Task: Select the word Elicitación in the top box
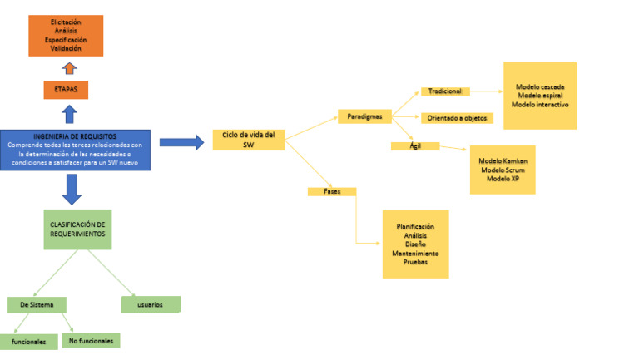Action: [67, 21]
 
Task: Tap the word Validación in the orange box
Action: [67, 48]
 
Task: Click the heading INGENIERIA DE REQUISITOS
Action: [75, 136]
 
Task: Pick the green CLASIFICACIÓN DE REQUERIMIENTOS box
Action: [77, 229]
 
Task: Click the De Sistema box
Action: [37, 305]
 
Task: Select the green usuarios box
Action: [150, 305]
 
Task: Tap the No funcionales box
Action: [92, 341]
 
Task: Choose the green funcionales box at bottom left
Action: [28, 342]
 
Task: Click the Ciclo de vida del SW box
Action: [249, 140]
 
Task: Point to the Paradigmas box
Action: [364, 117]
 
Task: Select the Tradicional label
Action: [446, 91]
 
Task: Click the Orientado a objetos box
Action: [457, 118]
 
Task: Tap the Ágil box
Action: [414, 146]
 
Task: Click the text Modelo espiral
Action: [539, 96]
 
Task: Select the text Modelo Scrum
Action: [503, 170]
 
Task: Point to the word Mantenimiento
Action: [415, 253]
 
